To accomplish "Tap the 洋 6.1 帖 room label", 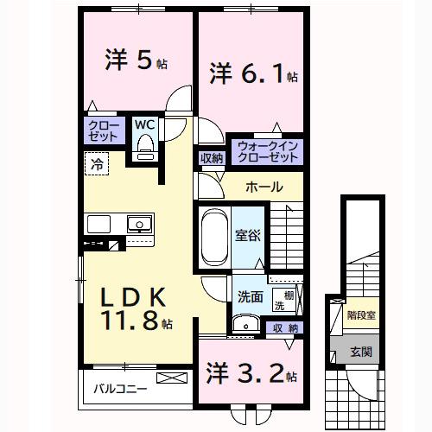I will coord(252,74).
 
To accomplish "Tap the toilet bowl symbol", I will coord(145,146).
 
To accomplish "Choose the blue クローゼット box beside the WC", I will coord(104,130).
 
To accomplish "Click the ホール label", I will coord(263,187).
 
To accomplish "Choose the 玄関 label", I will coord(359,352).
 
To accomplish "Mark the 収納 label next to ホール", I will coord(211,157).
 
